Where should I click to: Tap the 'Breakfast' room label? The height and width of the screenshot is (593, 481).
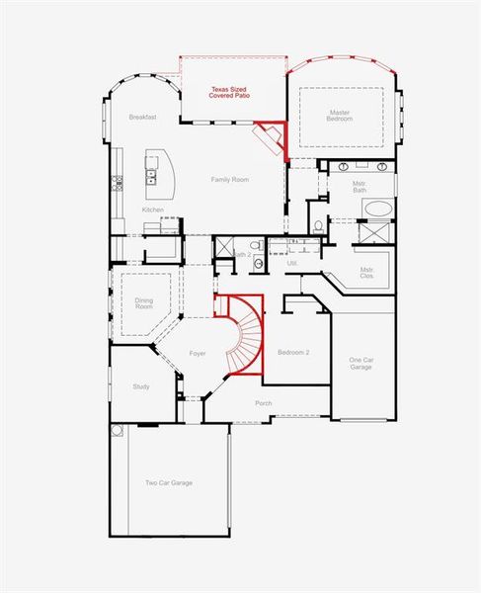pos(143,118)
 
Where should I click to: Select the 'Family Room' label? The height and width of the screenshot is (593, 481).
pos(229,180)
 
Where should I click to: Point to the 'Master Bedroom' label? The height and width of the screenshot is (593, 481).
pos(340,116)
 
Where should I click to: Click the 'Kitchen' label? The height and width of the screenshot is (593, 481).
pos(152,210)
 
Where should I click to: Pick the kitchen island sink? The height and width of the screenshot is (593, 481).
pos(151,177)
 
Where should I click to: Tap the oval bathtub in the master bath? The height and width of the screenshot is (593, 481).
pos(376,209)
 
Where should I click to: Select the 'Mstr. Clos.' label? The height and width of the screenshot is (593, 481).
pos(367,272)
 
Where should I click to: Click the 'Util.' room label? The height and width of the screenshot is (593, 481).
pos(292,263)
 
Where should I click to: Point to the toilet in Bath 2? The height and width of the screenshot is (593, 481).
pos(255,245)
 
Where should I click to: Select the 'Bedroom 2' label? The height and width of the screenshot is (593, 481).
pos(294,353)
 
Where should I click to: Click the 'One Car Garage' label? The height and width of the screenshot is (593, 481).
pos(361,364)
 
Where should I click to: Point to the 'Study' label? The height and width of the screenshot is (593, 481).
pos(141,386)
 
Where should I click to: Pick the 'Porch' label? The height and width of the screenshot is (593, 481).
pos(264,403)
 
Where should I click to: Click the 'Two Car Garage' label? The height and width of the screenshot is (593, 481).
pos(169,482)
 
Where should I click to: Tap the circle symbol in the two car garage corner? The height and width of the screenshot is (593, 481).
pos(118,431)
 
